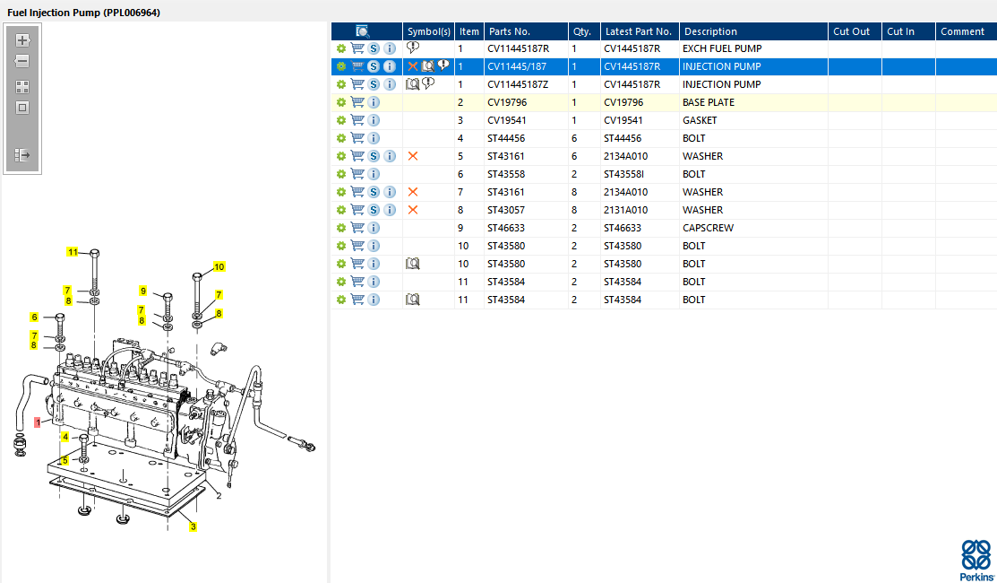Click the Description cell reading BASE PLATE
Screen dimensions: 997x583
(709, 102)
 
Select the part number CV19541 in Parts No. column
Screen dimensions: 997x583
(507, 120)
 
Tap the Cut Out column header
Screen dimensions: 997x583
(851, 31)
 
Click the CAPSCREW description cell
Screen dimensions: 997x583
(708, 228)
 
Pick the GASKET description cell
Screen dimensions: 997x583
(700, 120)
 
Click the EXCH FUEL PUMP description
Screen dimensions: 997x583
(722, 48)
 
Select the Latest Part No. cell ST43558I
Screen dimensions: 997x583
(624, 174)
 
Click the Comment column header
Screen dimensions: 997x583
(962, 31)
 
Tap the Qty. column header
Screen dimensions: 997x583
(581, 31)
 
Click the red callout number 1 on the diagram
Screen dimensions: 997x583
(38, 422)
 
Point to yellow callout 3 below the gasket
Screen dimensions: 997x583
(193, 526)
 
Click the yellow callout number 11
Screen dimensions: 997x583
(73, 252)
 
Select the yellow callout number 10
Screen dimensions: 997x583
(219, 266)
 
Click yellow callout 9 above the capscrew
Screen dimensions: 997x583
(143, 291)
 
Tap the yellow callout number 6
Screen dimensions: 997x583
(34, 317)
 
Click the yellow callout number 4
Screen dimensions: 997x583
(64, 437)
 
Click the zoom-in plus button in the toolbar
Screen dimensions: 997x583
(22, 40)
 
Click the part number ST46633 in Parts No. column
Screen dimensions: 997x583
(507, 228)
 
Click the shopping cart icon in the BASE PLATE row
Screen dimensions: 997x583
(357, 102)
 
